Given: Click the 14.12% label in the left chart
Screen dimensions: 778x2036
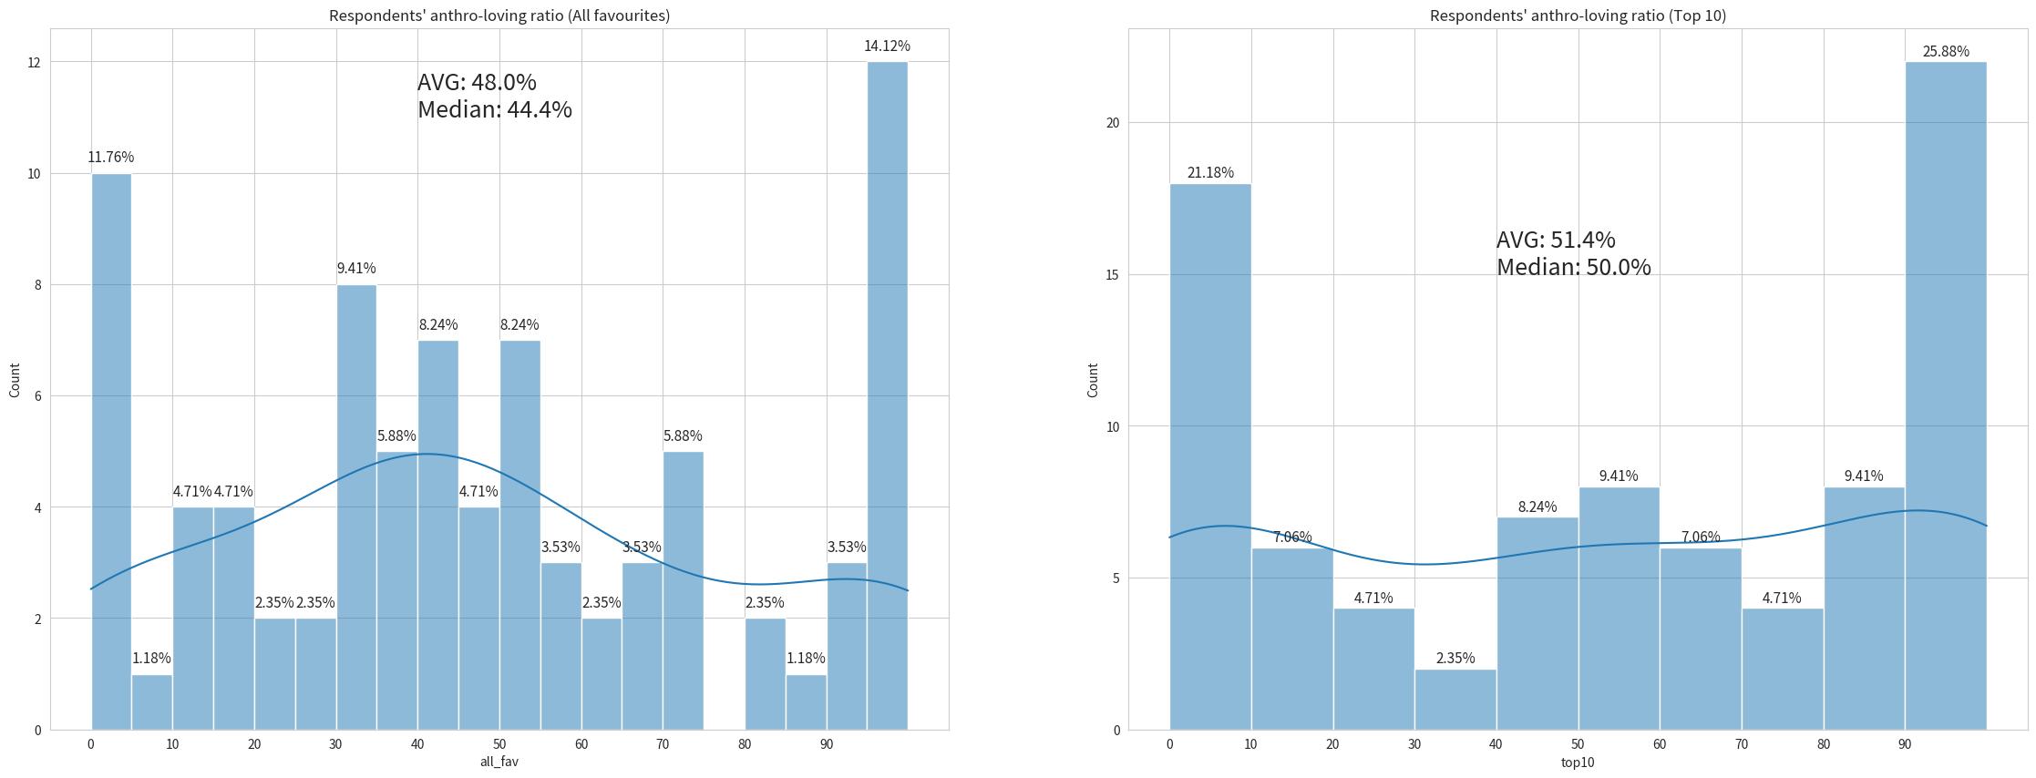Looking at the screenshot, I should click(887, 46).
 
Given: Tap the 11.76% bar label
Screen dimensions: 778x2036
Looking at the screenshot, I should click(110, 158).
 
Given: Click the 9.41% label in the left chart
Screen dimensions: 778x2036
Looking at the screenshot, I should click(356, 269).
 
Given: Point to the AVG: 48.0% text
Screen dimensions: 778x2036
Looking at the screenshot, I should click(477, 83).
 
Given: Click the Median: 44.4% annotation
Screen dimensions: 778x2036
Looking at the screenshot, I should click(495, 110).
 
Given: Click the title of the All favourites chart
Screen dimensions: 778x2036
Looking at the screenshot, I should click(499, 15).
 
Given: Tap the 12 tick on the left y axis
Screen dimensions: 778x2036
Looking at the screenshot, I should click(34, 62).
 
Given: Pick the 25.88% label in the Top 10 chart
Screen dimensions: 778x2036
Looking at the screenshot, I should click(1946, 52).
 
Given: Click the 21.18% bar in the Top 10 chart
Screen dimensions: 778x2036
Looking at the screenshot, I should click(1210, 456).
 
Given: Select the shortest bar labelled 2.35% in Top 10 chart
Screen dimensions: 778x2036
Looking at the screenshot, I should click(1455, 700).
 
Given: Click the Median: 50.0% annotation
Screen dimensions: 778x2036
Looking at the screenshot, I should click(1574, 268).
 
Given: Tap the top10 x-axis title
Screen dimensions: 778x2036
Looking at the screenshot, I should click(1578, 762).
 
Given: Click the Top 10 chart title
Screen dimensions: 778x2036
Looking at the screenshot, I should click(1578, 15).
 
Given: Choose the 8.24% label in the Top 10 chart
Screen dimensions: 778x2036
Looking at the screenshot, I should click(1537, 507).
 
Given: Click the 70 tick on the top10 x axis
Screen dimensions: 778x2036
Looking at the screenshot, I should click(1742, 744).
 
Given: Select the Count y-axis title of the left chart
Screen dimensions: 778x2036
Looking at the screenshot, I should click(15, 380).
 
